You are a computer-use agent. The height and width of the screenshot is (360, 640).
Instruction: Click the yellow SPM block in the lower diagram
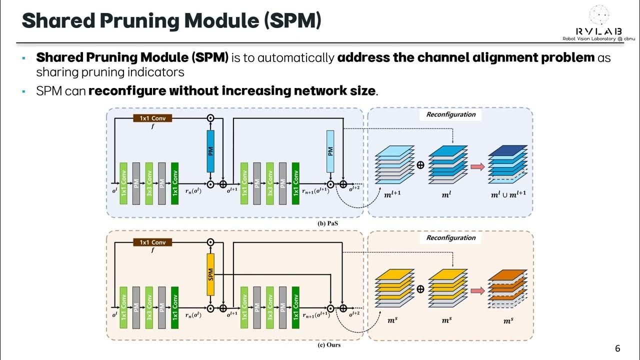(x=210, y=274)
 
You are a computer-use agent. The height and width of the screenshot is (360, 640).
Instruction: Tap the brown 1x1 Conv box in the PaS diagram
(x=152, y=118)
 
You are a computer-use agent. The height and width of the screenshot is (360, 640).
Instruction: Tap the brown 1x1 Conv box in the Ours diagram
(x=152, y=242)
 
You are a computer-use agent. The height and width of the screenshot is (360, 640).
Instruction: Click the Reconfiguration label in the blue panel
(x=450, y=114)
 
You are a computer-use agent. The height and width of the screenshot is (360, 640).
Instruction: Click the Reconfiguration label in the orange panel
(x=450, y=238)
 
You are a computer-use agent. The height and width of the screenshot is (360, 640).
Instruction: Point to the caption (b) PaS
(x=327, y=223)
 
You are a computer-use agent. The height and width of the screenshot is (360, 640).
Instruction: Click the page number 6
(x=617, y=348)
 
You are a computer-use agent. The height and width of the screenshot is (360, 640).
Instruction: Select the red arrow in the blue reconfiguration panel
(x=478, y=166)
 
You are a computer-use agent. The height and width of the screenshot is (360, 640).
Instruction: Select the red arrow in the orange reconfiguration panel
(x=478, y=289)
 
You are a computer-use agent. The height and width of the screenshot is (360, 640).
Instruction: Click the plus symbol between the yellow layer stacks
(x=420, y=289)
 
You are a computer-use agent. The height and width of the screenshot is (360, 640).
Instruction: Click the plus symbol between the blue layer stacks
(x=420, y=165)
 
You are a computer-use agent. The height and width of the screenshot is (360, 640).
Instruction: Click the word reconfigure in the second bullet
(x=127, y=91)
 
